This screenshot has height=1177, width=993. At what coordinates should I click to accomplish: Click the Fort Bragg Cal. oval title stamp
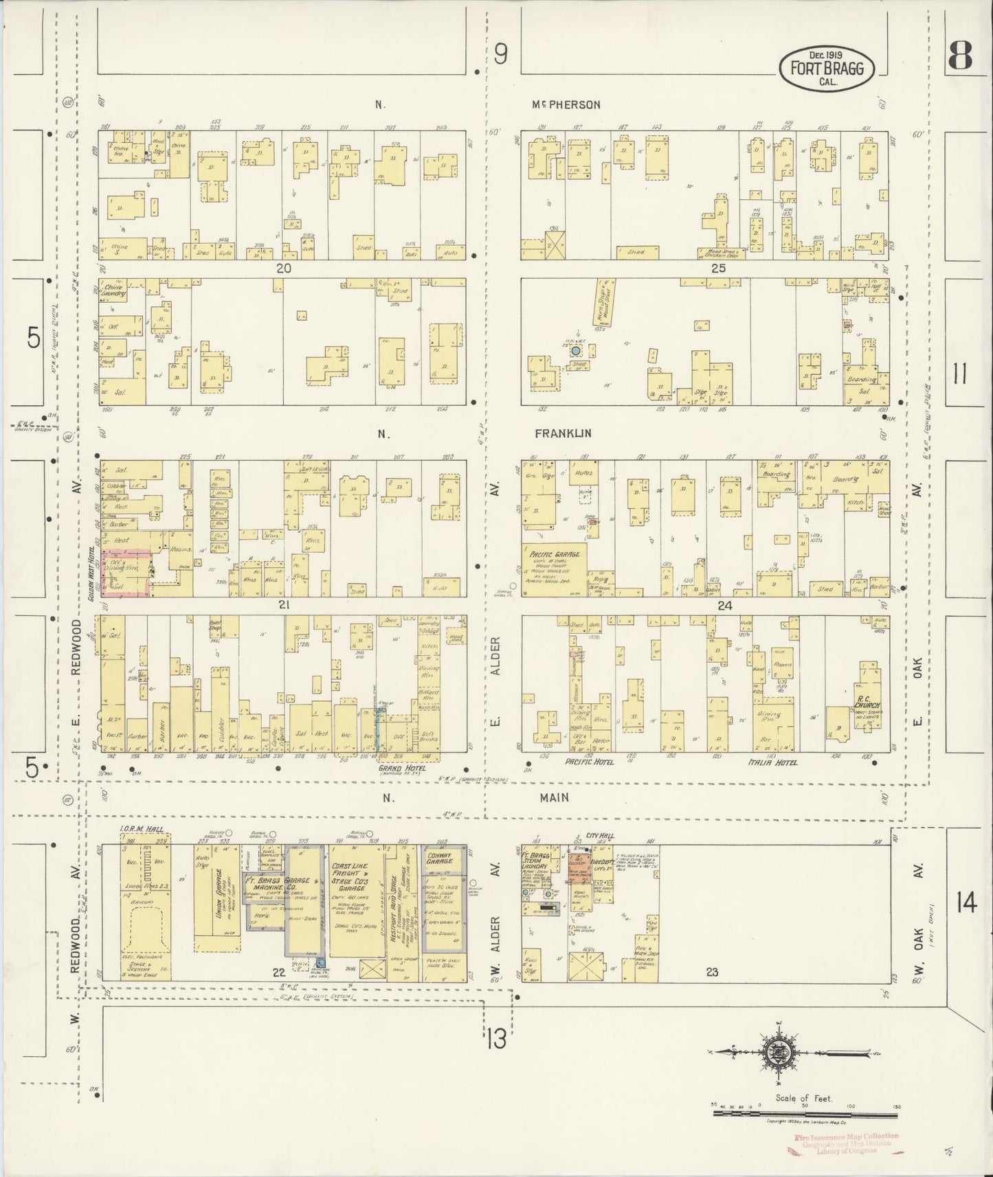(827, 68)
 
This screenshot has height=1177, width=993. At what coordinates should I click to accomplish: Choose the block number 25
(718, 268)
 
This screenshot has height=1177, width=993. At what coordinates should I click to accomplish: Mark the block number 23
(711, 972)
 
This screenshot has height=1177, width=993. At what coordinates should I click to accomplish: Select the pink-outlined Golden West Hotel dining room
(126, 571)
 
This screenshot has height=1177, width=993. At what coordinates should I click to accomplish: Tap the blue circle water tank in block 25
(576, 350)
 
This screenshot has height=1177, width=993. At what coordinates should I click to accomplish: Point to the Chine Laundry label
(114, 290)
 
